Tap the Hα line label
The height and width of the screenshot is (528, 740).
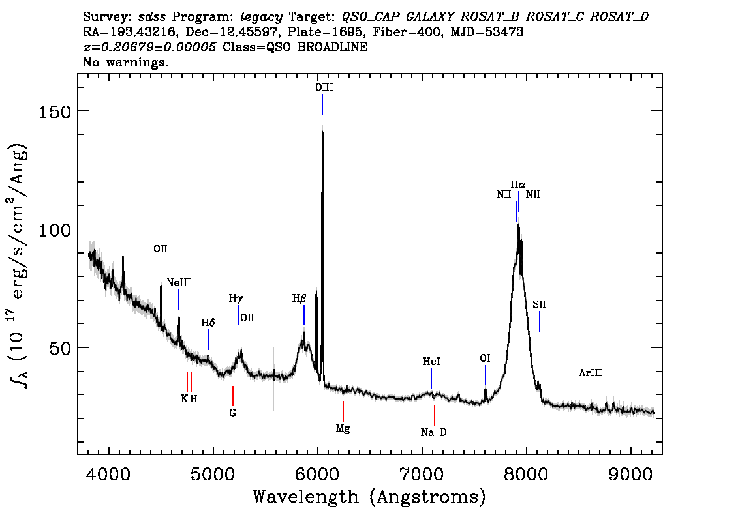point(517,184)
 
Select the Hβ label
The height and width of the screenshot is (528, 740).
point(300,299)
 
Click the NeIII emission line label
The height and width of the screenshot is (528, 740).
point(178,283)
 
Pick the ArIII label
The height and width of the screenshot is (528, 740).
point(591,373)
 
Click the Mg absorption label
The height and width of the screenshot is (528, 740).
point(343,428)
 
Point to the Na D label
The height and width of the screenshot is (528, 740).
point(433,432)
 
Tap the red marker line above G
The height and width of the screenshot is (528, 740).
point(233,396)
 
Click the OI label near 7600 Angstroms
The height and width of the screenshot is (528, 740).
point(485,359)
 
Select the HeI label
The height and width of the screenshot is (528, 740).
point(431,362)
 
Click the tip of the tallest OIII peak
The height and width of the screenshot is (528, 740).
point(322,126)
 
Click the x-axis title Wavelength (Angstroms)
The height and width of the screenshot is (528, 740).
point(369,497)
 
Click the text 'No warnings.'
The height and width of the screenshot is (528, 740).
point(125,62)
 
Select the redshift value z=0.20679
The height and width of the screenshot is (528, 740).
point(149,47)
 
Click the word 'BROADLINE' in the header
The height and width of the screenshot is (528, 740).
point(332,47)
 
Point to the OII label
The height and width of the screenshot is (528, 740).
point(161,249)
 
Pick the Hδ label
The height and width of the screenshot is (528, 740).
point(208,323)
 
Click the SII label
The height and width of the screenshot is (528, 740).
point(539,304)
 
